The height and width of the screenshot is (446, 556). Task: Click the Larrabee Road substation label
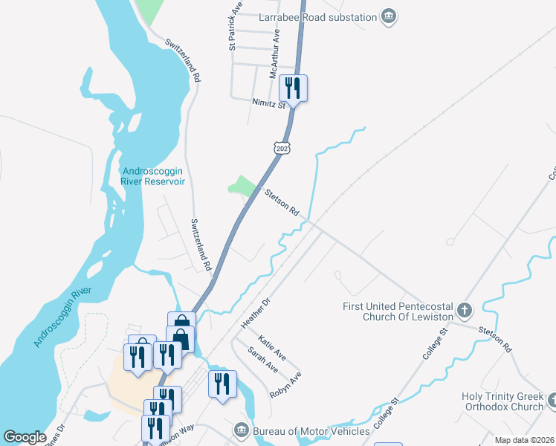[318, 16]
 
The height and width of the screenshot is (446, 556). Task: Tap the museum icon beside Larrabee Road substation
[388, 16]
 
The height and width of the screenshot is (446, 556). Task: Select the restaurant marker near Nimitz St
[293, 88]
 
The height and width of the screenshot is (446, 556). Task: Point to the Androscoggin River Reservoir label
[152, 175]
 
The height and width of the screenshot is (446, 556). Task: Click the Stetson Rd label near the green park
[282, 201]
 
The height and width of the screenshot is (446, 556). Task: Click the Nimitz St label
[268, 104]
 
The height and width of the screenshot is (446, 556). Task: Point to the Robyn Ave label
[286, 385]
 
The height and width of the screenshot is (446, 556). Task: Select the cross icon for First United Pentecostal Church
[464, 309]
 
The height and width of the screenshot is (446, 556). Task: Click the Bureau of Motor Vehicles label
[311, 431]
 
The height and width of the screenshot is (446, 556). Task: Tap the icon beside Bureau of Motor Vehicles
[241, 430]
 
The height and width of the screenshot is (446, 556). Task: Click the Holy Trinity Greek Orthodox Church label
[502, 401]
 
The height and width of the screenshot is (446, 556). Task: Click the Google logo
[25, 437]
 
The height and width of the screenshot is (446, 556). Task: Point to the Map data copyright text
[523, 440]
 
